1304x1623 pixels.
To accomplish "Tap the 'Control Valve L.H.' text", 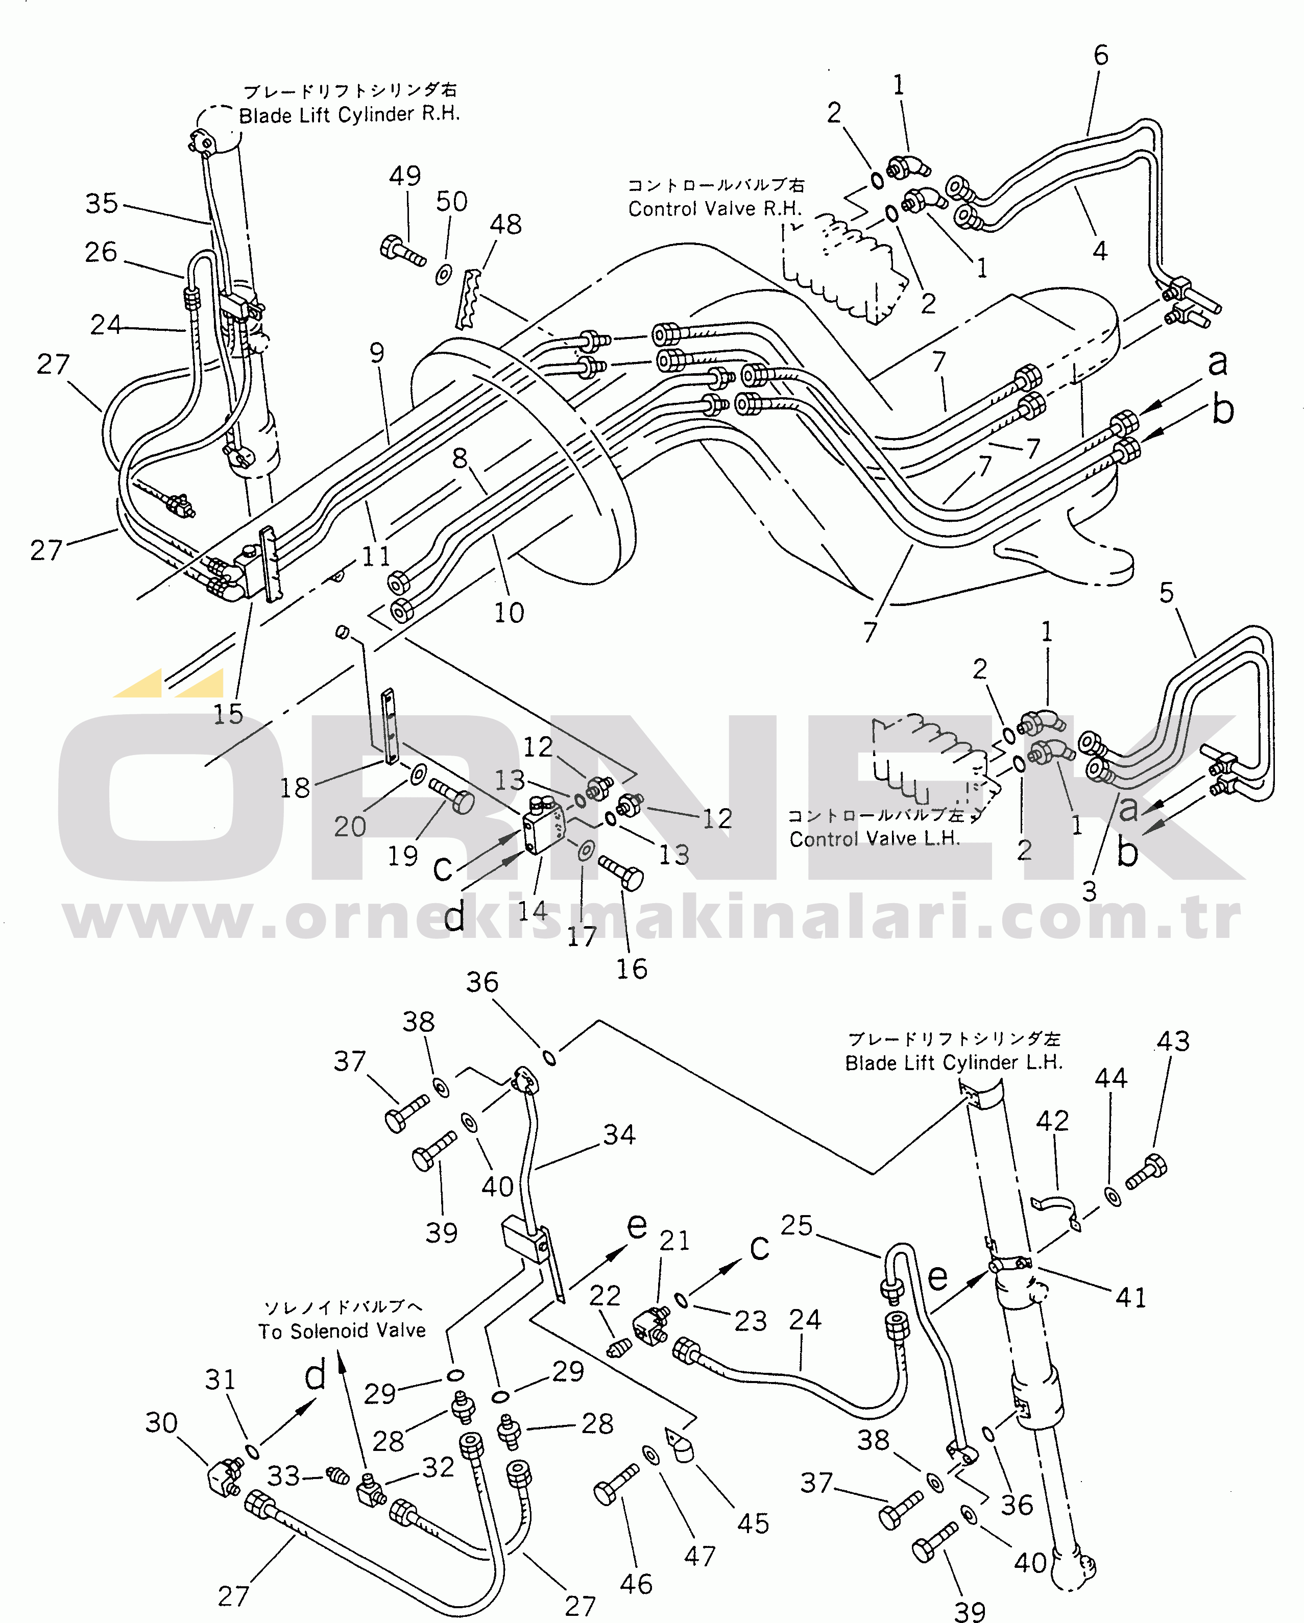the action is [874, 839].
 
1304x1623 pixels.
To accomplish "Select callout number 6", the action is [1101, 56].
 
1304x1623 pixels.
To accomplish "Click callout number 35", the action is [102, 203].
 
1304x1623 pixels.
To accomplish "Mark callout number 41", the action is [1130, 1297].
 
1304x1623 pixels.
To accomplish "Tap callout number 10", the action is [509, 613].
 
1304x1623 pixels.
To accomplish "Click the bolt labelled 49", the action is [401, 250].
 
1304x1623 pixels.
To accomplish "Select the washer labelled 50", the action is [444, 274].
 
